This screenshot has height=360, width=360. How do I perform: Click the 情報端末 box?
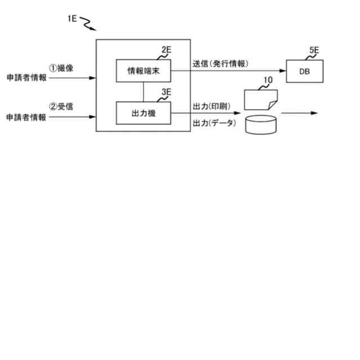[143, 70]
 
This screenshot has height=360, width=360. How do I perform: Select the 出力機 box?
[143, 112]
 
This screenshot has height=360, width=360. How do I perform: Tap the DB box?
[304, 71]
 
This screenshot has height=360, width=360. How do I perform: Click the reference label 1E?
[71, 19]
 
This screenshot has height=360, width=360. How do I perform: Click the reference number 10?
[268, 80]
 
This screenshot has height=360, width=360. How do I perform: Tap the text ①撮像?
[61, 68]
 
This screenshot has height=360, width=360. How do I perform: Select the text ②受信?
[61, 107]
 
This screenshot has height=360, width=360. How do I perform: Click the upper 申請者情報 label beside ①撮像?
[26, 78]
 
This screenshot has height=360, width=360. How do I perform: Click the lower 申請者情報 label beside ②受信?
[26, 117]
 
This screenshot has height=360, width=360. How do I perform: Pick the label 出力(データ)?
[214, 123]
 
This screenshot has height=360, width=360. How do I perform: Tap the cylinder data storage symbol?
[262, 124]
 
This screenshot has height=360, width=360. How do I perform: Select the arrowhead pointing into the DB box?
[283, 71]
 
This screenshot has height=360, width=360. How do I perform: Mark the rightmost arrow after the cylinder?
[299, 113]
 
